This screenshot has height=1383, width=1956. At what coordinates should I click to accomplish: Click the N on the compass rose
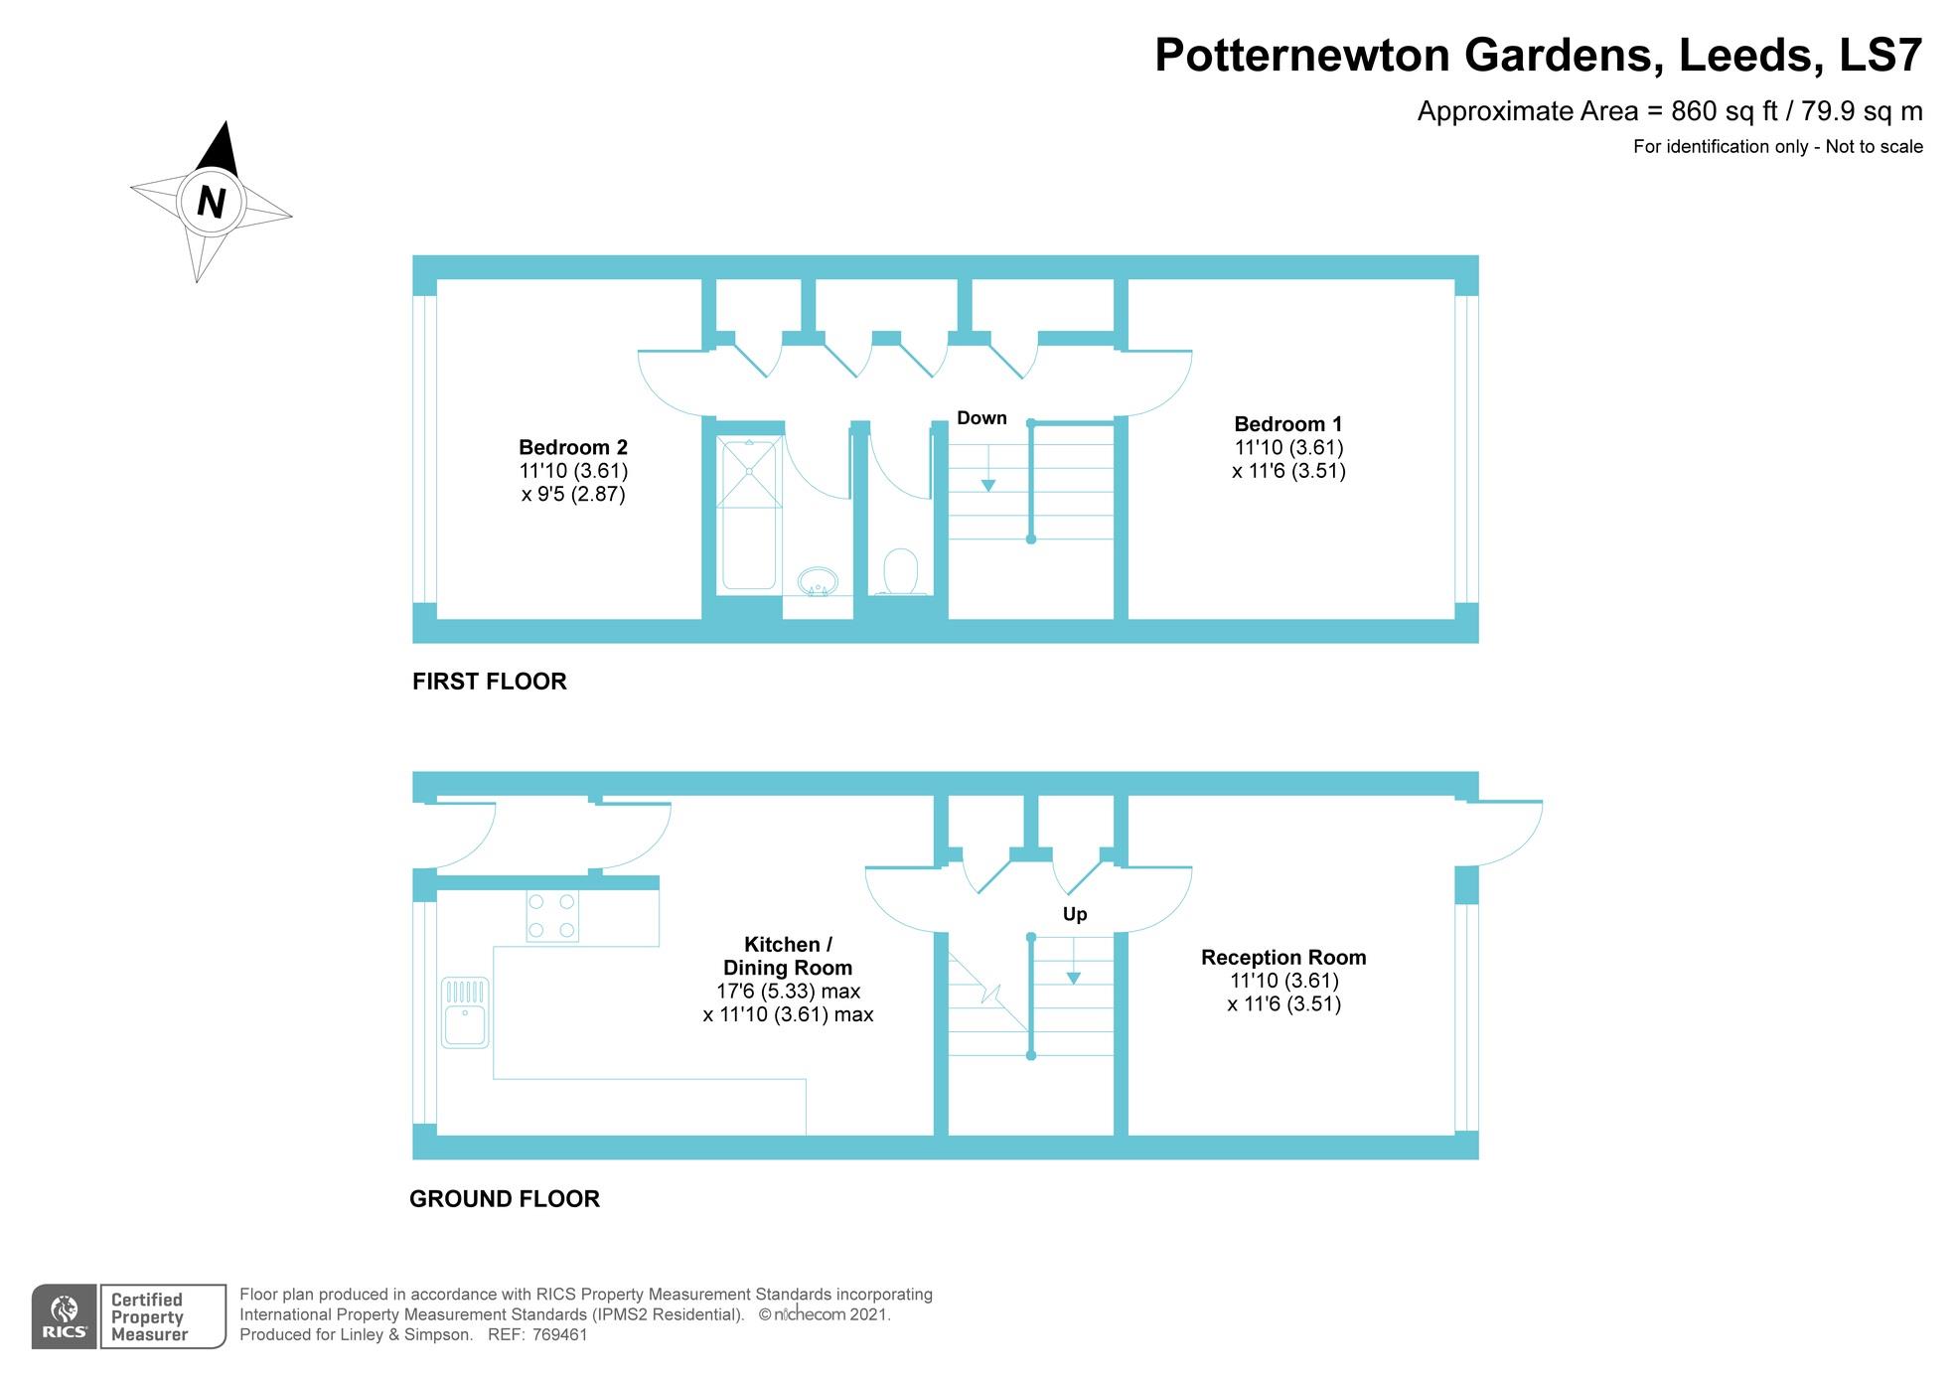[211, 202]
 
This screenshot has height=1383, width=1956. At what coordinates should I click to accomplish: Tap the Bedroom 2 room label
[573, 447]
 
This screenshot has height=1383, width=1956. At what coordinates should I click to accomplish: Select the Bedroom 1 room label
[1288, 424]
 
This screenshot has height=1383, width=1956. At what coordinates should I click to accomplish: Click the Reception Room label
[1283, 957]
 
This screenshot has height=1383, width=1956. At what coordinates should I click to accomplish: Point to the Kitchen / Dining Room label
[788, 956]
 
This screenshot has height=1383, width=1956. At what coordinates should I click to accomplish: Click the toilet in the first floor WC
[901, 571]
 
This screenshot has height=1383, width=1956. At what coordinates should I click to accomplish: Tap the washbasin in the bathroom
[818, 581]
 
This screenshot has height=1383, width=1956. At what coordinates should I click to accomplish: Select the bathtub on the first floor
[749, 513]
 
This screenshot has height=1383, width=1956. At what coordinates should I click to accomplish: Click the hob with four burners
[552, 916]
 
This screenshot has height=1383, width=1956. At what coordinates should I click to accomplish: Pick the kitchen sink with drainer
[465, 1012]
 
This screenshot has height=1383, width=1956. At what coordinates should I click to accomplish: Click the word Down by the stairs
[981, 418]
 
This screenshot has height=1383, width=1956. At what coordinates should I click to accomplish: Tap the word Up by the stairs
[1075, 914]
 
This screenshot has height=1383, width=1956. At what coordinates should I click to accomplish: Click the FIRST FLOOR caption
[490, 682]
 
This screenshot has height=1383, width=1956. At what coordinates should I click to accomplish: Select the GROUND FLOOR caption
[505, 1199]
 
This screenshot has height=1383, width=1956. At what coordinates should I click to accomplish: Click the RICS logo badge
[65, 1316]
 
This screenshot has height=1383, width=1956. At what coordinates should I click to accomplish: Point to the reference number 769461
[559, 1334]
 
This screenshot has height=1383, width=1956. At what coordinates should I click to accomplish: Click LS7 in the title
[1881, 55]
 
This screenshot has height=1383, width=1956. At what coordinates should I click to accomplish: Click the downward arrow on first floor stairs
[988, 468]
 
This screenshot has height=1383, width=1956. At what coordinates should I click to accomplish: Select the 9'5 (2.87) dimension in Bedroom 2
[573, 494]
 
